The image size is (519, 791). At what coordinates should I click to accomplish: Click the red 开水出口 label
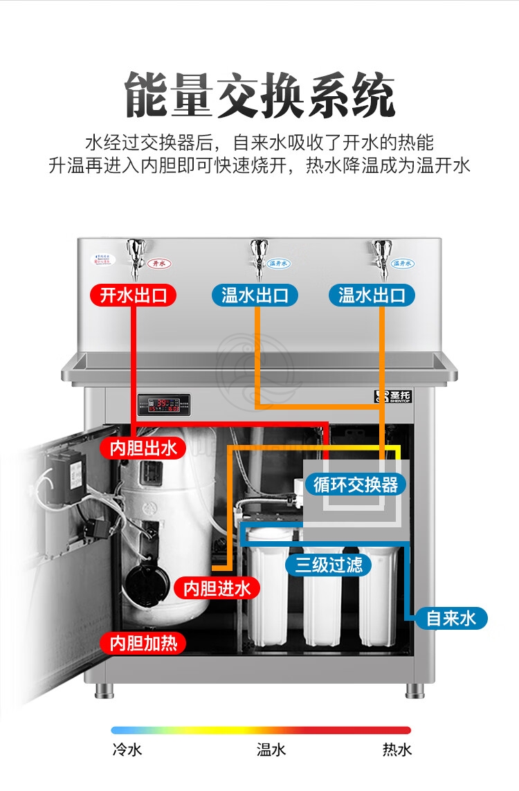[134, 296]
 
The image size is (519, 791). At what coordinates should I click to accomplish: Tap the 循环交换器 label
[356, 484]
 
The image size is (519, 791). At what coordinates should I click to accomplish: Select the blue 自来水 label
[451, 617]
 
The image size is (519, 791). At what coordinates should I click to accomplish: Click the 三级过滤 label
[329, 565]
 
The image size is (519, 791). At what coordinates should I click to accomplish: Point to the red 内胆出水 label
[143, 448]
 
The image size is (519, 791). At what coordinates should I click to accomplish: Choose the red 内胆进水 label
[217, 588]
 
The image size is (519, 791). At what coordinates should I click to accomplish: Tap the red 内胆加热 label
[143, 643]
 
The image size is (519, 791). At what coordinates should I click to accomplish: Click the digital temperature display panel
[163, 403]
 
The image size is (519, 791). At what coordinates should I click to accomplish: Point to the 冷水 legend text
[127, 749]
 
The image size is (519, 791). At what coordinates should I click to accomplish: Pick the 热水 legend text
[397, 749]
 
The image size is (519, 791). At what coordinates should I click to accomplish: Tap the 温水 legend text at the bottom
[271, 749]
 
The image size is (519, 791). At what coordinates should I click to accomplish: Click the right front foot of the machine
[415, 690]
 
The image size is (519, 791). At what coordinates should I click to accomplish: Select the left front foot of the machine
[104, 690]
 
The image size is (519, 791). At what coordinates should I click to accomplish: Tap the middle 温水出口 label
[255, 296]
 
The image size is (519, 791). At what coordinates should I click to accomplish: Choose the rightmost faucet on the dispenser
[381, 255]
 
